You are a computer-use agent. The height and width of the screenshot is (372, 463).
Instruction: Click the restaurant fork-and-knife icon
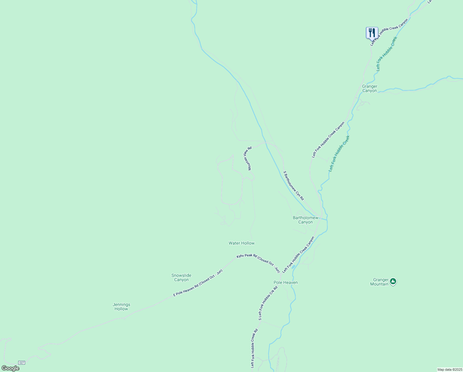point(372,33)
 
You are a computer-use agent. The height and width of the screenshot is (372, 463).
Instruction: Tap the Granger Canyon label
point(370,89)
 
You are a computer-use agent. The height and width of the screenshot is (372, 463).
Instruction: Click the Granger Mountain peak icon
point(393,281)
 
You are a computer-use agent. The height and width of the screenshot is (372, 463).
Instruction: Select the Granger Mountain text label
point(380,282)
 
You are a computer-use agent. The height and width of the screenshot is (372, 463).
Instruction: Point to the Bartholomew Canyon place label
point(305,220)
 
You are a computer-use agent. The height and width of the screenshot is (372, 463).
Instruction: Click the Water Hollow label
point(241,243)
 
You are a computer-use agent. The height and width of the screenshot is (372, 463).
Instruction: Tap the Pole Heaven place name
point(285,282)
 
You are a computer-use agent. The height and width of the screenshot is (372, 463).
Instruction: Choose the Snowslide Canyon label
point(181,277)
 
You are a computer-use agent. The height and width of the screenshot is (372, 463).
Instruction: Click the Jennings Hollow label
point(121,307)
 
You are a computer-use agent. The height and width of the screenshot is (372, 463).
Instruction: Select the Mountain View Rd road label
point(248,158)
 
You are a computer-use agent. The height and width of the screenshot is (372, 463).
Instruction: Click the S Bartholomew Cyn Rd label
point(294,185)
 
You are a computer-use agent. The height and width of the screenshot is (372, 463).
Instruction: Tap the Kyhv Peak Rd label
point(258,263)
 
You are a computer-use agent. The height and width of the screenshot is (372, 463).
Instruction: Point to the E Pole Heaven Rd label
point(198,283)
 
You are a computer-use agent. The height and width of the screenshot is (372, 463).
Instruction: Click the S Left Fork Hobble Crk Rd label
point(268,303)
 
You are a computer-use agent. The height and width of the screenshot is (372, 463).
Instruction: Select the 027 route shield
point(21,362)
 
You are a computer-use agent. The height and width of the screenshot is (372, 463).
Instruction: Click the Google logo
point(10,368)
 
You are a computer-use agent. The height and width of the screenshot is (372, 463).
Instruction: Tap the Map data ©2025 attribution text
point(449,370)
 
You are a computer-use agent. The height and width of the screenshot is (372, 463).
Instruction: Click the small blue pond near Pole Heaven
point(293,267)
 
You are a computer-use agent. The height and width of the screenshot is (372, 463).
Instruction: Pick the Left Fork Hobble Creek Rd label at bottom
point(254,348)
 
